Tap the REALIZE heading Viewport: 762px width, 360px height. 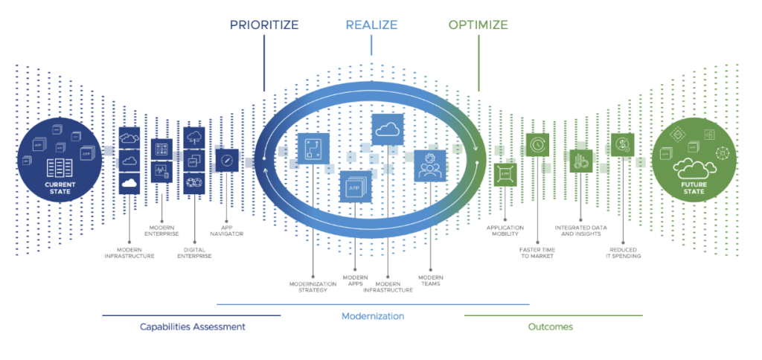(371, 25)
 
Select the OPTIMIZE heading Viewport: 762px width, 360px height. (478, 25)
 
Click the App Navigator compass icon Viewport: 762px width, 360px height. (226, 161)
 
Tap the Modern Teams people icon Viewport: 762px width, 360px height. (429, 165)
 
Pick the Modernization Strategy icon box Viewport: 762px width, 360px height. (313, 149)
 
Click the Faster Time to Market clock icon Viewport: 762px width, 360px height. (537, 145)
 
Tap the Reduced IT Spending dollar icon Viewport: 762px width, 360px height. (621, 145)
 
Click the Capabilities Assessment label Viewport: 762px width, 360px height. (192, 327)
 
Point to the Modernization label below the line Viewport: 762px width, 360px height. (373, 316)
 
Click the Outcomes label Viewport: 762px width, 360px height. (551, 327)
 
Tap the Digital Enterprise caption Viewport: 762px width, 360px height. (193, 252)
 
